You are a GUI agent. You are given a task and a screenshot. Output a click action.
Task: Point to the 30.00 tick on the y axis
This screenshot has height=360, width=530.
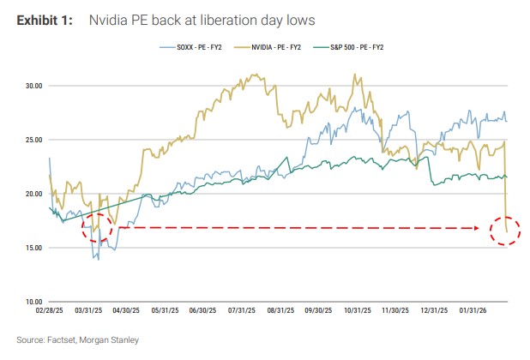pyautogui.click(x=33, y=86)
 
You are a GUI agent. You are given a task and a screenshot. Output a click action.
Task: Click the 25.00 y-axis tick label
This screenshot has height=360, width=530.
pyautogui.click(x=33, y=140)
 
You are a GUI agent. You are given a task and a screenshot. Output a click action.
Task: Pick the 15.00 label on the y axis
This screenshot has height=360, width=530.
pyautogui.click(x=33, y=248)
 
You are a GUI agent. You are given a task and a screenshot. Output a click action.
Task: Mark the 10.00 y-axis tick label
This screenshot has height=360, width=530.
pyautogui.click(x=33, y=302)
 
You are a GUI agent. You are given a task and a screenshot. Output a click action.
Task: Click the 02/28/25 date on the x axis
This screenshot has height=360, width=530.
pyautogui.click(x=51, y=312)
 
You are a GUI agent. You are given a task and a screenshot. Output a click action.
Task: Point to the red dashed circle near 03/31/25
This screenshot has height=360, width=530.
pyautogui.click(x=97, y=228)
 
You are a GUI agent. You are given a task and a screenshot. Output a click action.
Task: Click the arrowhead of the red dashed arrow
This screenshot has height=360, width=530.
pyautogui.click(x=477, y=229)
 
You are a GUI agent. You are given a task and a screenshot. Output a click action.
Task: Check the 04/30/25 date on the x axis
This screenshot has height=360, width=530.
pyautogui.click(x=127, y=312)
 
